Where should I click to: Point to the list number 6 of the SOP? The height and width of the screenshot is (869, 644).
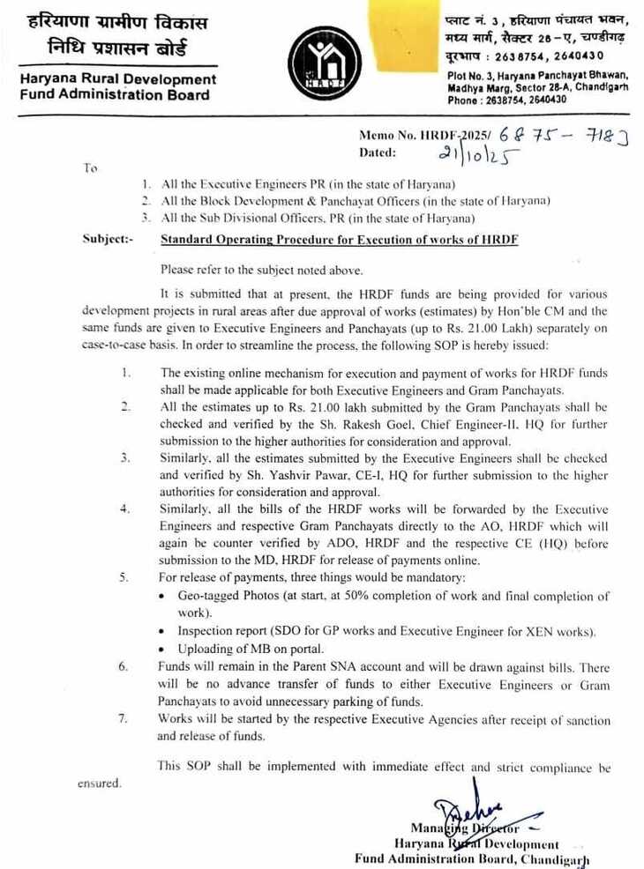pyautogui.click(x=124, y=666)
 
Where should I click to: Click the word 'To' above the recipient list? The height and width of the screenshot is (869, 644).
pyautogui.click(x=90, y=167)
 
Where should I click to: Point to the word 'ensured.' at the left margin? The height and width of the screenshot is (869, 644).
pyautogui.click(x=99, y=783)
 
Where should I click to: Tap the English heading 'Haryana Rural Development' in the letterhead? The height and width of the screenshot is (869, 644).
pyautogui.click(x=117, y=79)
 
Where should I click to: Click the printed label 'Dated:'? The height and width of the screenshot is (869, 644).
pyautogui.click(x=378, y=152)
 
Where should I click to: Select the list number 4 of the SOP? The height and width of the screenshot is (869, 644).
pyautogui.click(x=124, y=509)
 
